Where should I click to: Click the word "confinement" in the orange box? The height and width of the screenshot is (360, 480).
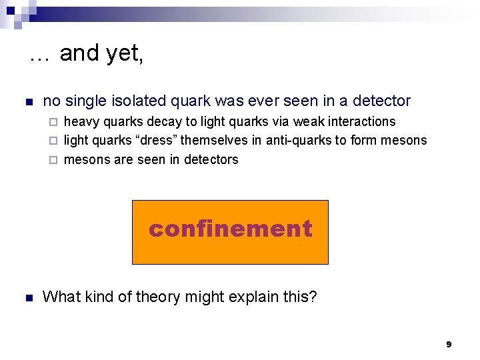[230, 229]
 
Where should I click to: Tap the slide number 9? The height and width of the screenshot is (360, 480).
[449, 344]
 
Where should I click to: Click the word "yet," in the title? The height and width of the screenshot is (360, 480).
[125, 53]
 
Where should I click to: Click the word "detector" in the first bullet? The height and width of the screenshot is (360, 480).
[382, 101]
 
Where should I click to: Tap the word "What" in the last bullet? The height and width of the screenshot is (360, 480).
[60, 297]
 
